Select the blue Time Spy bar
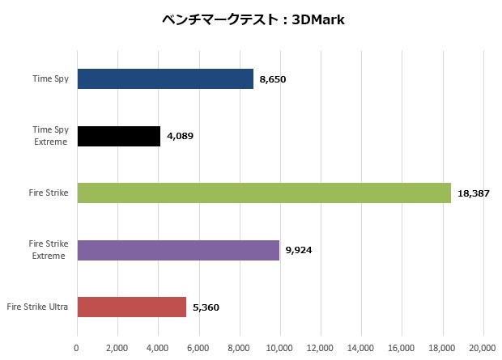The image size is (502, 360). pyautogui.click(x=165, y=78)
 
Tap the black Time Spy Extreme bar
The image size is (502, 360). pyautogui.click(x=118, y=136)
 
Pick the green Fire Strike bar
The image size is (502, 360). pyautogui.click(x=264, y=193)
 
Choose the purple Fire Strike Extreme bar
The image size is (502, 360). pyautogui.click(x=178, y=250)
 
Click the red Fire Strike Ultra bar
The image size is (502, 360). pyautogui.click(x=131, y=307)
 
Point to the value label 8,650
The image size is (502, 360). pyautogui.click(x=274, y=79)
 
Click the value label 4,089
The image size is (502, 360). pyautogui.click(x=181, y=136)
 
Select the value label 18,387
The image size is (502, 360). pyautogui.click(x=474, y=193)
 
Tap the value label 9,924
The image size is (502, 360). pyautogui.click(x=300, y=250)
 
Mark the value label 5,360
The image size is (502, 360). pyautogui.click(x=206, y=307)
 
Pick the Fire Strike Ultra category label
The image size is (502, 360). pyautogui.click(x=37, y=307)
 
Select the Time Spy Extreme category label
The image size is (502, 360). pyautogui.click(x=50, y=135)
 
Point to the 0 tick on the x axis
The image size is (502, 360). pyautogui.click(x=77, y=349)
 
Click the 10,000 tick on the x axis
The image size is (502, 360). pyautogui.click(x=280, y=349)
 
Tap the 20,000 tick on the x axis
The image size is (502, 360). pyautogui.click(x=483, y=349)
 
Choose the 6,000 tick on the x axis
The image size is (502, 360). pyautogui.click(x=199, y=349)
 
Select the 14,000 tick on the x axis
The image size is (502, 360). pyautogui.click(x=361, y=349)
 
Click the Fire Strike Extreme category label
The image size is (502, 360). pyautogui.click(x=49, y=250)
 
